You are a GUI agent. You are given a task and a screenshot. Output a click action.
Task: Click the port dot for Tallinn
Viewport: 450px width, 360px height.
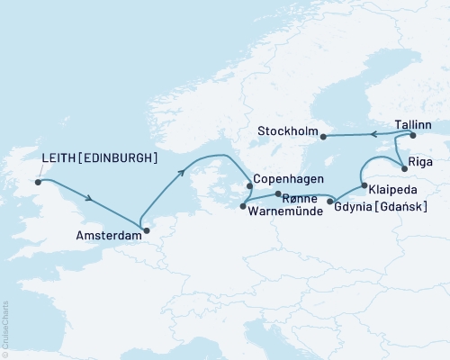[413, 136]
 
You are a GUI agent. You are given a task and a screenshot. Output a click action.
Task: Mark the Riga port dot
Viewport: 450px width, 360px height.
[401, 165]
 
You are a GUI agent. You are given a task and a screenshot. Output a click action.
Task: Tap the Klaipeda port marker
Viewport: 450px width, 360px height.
[364, 186]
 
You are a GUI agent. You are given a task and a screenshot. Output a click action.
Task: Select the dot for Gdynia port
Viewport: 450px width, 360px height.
[332, 202]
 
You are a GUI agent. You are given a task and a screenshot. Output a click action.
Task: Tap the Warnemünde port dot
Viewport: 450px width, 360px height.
[243, 207]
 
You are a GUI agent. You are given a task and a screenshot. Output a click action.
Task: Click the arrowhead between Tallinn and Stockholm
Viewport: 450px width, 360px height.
[371, 136]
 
